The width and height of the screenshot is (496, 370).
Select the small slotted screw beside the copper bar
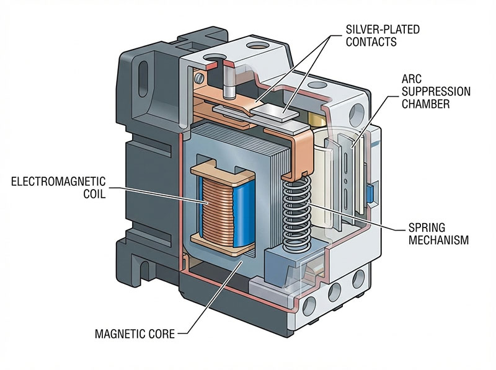click(198, 79)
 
